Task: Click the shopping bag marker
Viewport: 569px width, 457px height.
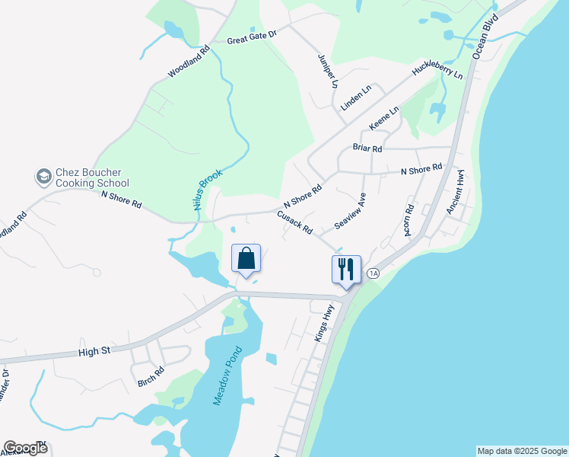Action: [x=246, y=258]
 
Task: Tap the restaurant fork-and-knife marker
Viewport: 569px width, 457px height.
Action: [x=345, y=270]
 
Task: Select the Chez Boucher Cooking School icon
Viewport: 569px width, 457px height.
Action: [x=44, y=177]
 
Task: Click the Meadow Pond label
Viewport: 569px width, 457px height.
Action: [x=227, y=376]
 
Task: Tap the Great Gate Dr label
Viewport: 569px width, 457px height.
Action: [x=252, y=36]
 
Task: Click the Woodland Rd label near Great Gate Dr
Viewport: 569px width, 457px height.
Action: [x=188, y=62]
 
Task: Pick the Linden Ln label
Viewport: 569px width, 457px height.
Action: [x=356, y=98]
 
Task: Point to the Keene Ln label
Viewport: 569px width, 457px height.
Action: [x=384, y=118]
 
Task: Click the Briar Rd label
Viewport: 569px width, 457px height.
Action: [x=367, y=148]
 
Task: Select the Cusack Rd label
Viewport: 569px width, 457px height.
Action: [x=295, y=223]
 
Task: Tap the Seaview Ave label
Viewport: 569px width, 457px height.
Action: [x=351, y=212]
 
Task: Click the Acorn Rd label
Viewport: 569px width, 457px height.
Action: [x=408, y=219]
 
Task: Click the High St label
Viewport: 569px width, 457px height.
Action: [x=95, y=352]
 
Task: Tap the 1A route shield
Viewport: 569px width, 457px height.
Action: [x=372, y=273]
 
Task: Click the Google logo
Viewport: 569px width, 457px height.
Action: [x=25, y=448]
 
